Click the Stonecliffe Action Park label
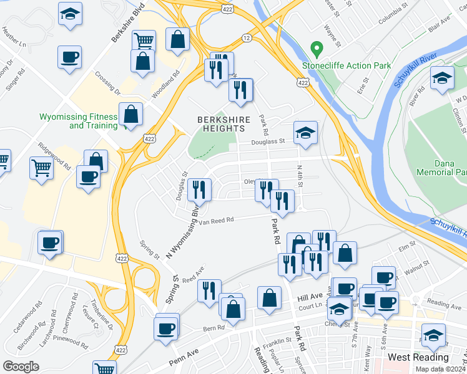coord(346,65)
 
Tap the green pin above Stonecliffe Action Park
coord(317,48)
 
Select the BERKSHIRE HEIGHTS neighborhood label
coord(224,123)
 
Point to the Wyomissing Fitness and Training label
coord(78,121)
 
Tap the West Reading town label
coord(418,357)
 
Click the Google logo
coord(21,366)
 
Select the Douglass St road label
coord(268,141)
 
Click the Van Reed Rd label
coord(217,220)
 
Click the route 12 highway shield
coord(247,39)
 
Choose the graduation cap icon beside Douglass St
coord(305,132)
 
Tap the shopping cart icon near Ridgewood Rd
coord(41,166)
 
